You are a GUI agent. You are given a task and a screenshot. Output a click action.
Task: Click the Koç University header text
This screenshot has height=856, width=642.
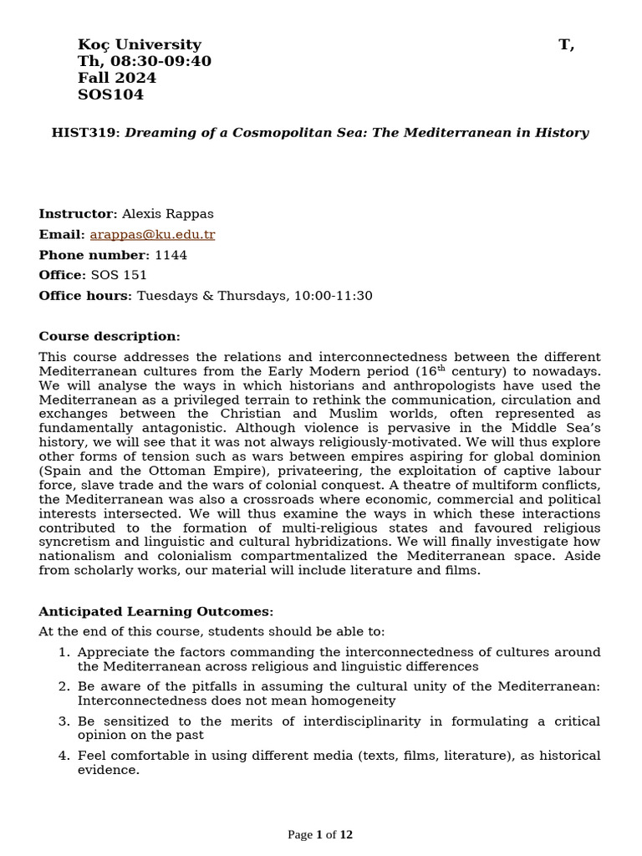click(139, 45)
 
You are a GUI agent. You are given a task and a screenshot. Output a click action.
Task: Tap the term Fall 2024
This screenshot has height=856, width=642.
click(116, 79)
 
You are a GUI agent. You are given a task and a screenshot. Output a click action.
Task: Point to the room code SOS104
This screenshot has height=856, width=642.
click(110, 95)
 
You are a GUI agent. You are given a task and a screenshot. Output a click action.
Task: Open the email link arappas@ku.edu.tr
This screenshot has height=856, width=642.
click(152, 235)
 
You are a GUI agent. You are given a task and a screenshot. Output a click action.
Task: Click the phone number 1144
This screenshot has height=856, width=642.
click(171, 255)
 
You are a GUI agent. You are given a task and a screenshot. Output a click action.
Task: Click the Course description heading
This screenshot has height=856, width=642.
click(109, 337)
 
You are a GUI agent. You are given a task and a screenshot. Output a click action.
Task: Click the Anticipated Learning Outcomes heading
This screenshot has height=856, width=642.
click(155, 612)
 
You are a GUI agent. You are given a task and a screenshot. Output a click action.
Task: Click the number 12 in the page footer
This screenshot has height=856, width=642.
click(346, 834)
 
